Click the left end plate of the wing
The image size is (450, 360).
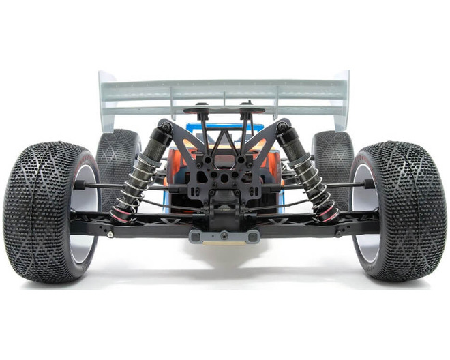[105, 102]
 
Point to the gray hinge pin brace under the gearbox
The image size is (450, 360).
[224, 236]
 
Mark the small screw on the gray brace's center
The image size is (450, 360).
[224, 237]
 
